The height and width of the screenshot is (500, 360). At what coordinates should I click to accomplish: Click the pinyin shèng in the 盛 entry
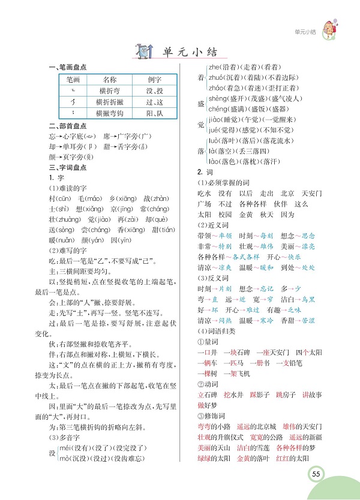(x=217, y=98)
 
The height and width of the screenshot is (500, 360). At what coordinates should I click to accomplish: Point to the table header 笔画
(x=73, y=79)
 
